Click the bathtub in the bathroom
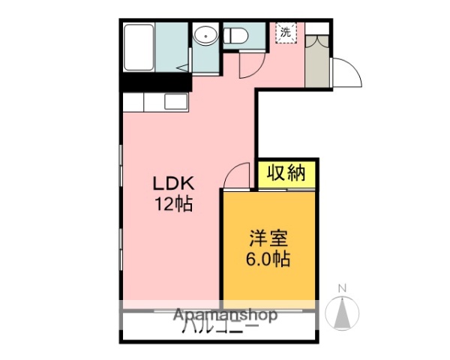pyautogui.click(x=139, y=46)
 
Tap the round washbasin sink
pyautogui.click(x=204, y=34)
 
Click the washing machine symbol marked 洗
pyautogui.click(x=286, y=32)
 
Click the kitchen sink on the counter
pyautogui.click(x=175, y=101)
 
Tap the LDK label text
pyautogui.click(x=174, y=184)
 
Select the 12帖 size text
pyautogui.click(x=174, y=204)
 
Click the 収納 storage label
pyautogui.click(x=287, y=174)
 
